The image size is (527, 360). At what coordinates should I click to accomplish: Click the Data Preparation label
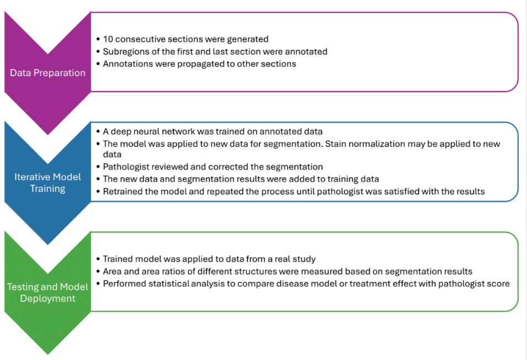47,72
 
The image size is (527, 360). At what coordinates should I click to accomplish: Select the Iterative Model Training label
47,183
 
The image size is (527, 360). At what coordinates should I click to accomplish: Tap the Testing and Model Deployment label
47,293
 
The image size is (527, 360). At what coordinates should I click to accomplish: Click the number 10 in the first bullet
108,39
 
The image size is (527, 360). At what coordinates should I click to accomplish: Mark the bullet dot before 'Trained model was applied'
98,259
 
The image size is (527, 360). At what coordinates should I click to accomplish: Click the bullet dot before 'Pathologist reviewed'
98,167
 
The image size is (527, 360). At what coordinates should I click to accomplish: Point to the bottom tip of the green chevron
47,354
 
